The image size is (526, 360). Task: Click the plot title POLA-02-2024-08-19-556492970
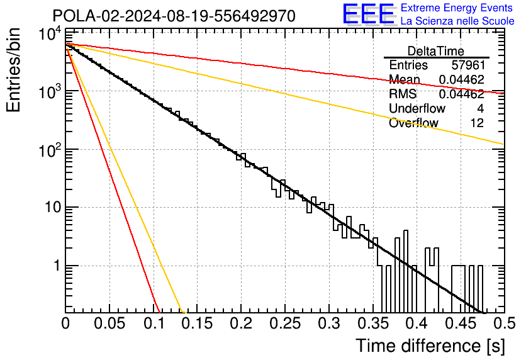pos(174,16)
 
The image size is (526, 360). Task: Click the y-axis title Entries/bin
pos(13,70)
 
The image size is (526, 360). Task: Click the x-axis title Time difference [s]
pos(430,346)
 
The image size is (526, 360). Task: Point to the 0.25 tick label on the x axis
pos(285,323)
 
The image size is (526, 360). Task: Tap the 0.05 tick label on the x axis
pos(109,323)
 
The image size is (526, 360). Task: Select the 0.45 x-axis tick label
pos(461,323)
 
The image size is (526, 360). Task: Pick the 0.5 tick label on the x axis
pos(504,323)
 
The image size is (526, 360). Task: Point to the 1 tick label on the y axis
pos(57,266)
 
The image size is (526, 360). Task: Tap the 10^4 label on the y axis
pos(50,33)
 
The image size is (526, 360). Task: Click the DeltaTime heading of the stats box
pos(436,51)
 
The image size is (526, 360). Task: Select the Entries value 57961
pos(468,65)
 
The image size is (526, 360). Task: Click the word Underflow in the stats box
pos(417,108)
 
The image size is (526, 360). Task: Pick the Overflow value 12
pos(477,123)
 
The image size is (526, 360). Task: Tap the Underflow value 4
pos(480,108)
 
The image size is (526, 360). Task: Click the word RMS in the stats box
pos(403,94)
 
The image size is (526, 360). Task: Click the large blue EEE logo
pos(368,14)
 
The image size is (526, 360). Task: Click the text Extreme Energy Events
pos(457,8)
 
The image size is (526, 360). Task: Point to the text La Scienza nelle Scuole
pos(457,21)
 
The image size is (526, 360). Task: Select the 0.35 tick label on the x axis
pos(373,323)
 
